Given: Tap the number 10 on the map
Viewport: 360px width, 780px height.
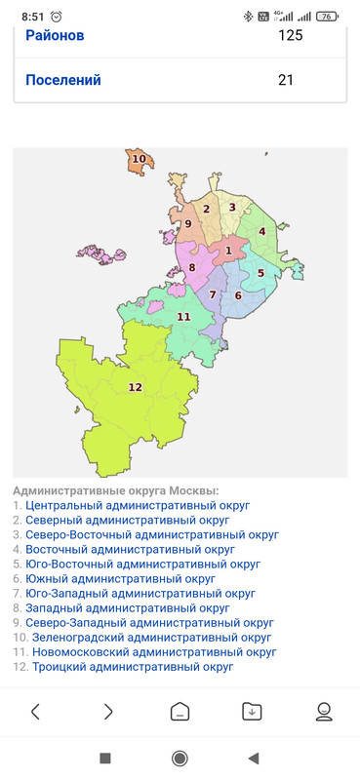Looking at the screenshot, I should [x=140, y=159].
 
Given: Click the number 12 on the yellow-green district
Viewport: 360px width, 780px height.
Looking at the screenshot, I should [x=135, y=387].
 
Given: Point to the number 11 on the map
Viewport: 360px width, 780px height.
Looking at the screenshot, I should [x=183, y=316].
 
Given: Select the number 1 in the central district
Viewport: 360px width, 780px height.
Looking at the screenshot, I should [x=228, y=251].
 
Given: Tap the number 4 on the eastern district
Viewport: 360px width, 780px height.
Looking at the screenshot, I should [x=262, y=231].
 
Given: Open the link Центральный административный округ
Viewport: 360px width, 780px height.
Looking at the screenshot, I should [x=138, y=506].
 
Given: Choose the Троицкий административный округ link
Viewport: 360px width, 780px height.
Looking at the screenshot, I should [x=131, y=667].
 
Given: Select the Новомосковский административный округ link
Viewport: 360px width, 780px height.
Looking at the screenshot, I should [x=154, y=652].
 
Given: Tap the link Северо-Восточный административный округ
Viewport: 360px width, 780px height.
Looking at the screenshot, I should [x=152, y=535].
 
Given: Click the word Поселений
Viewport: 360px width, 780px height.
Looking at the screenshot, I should [x=63, y=80].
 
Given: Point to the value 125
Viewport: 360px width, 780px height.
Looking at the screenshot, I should [x=290, y=36].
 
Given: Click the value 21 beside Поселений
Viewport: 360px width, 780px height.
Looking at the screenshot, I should [x=286, y=80].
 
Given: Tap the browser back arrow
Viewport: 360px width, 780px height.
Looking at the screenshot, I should [x=36, y=712].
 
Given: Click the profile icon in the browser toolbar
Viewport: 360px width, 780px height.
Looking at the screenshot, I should [x=324, y=712].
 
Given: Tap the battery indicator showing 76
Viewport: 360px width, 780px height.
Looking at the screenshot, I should [x=327, y=16].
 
